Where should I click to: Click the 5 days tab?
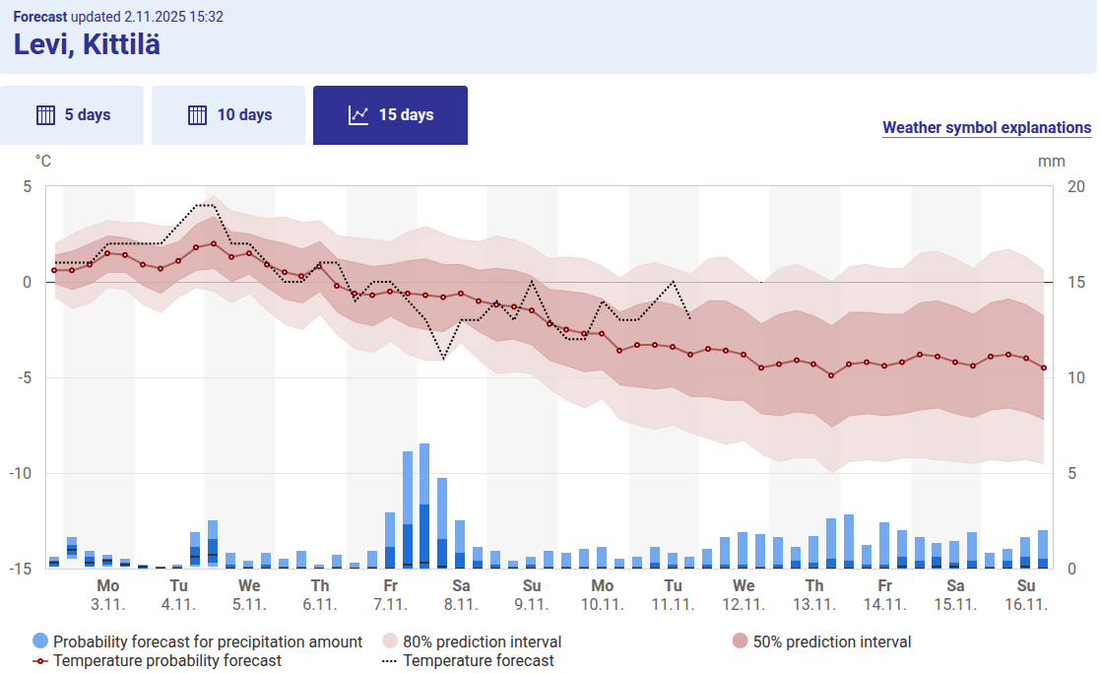coord(72,115)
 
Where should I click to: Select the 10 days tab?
coord(229,115)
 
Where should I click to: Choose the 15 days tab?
coord(390,115)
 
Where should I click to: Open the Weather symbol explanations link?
coord(986,128)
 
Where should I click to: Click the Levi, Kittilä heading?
coord(87,44)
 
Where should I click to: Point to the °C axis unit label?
coord(43,161)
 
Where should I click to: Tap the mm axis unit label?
coord(1051,161)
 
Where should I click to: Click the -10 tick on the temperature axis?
coord(20,473)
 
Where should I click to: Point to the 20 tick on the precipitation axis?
coord(1077,186)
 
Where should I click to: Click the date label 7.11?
coord(391,604)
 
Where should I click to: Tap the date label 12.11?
coord(744,604)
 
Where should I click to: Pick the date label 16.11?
coord(1025,604)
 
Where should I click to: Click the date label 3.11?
coord(107,604)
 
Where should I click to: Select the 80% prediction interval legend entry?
coord(472,642)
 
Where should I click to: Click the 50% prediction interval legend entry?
coord(822,642)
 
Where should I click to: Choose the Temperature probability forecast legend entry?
coord(158,661)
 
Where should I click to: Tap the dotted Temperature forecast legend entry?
coord(468,661)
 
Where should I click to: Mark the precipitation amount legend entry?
coord(198,642)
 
